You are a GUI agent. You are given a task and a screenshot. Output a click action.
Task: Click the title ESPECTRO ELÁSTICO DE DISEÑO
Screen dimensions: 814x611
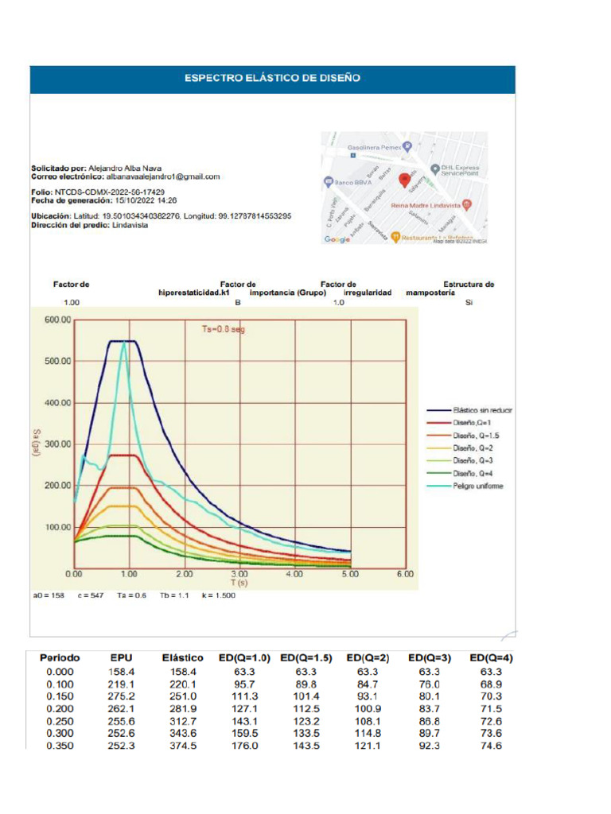click(x=272, y=78)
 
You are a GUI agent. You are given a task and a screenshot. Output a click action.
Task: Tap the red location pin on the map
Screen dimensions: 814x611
click(x=403, y=180)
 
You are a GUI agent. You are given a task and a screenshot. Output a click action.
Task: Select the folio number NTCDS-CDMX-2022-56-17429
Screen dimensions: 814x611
click(x=109, y=192)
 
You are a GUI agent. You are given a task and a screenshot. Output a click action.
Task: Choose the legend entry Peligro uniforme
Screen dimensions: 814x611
click(x=478, y=486)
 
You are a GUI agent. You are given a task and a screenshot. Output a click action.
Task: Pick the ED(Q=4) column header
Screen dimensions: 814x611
click(x=490, y=658)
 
